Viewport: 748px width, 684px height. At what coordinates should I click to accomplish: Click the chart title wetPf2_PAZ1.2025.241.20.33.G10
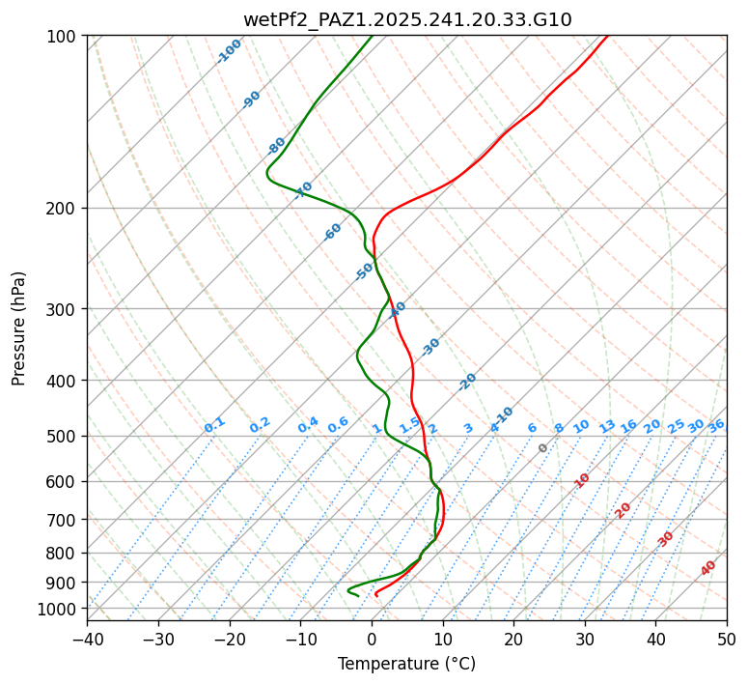coord(406,19)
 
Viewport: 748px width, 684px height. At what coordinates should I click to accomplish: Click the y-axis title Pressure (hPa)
coord(19,328)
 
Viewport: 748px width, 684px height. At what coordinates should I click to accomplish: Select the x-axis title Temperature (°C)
coord(406,665)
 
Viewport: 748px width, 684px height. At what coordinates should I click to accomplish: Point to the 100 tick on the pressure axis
coord(64,37)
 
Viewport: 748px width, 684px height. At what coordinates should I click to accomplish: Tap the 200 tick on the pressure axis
coord(64,209)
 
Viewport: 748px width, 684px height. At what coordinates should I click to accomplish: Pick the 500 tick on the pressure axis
coord(64,437)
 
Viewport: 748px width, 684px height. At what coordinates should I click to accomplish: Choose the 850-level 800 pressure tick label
coord(64,554)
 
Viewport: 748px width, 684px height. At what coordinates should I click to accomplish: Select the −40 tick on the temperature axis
coord(87,640)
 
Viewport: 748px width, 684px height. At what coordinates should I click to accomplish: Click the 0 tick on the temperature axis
coord(372,640)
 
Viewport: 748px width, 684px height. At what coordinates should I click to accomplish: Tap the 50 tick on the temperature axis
coord(727,640)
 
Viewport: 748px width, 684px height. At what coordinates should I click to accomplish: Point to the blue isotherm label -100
coord(229,51)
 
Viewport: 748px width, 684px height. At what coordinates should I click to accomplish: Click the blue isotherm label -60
coord(333,232)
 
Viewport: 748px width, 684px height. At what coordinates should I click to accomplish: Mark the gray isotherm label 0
coord(543,448)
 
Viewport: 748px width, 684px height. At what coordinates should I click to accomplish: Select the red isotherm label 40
coord(708,568)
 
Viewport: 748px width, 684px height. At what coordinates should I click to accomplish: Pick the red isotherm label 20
coord(623,509)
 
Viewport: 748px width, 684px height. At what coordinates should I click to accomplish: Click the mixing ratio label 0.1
coord(214,425)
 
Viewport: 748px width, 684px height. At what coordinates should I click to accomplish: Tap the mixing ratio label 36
coord(716,426)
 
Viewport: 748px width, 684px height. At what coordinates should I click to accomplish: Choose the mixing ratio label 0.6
coord(338,425)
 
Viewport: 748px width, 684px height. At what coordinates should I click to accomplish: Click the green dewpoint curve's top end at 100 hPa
coord(372,37)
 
